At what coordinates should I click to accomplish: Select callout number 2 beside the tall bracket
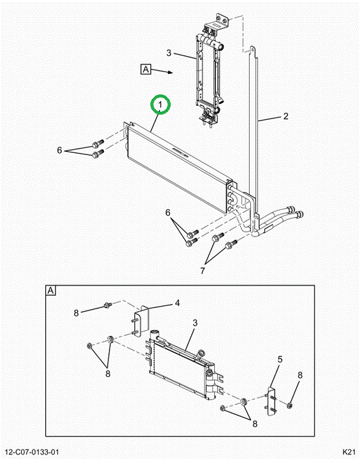pyautogui.click(x=285, y=116)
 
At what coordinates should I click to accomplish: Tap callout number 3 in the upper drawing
pyautogui.click(x=169, y=53)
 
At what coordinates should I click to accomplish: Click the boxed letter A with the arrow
pyautogui.click(x=146, y=69)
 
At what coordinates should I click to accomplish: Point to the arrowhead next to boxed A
pyautogui.click(x=171, y=72)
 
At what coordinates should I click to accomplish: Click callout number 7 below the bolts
pyautogui.click(x=203, y=271)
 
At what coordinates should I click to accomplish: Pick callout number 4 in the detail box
pyautogui.click(x=177, y=303)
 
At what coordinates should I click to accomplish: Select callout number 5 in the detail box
pyautogui.click(x=280, y=359)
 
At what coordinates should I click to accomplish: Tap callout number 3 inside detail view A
pyautogui.click(x=195, y=323)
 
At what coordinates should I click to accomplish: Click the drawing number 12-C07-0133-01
pyautogui.click(x=30, y=452)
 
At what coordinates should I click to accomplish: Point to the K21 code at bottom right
pyautogui.click(x=349, y=452)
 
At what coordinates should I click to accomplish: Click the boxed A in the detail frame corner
pyautogui.click(x=50, y=291)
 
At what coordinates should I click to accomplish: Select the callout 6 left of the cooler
pyautogui.click(x=59, y=150)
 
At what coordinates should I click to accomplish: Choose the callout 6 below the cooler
pyautogui.click(x=168, y=212)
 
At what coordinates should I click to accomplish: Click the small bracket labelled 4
pyautogui.click(x=141, y=321)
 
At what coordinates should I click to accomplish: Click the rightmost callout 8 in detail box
pyautogui.click(x=300, y=375)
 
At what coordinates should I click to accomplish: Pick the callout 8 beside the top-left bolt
pyautogui.click(x=76, y=313)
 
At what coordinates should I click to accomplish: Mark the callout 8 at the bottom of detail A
pyautogui.click(x=255, y=423)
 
